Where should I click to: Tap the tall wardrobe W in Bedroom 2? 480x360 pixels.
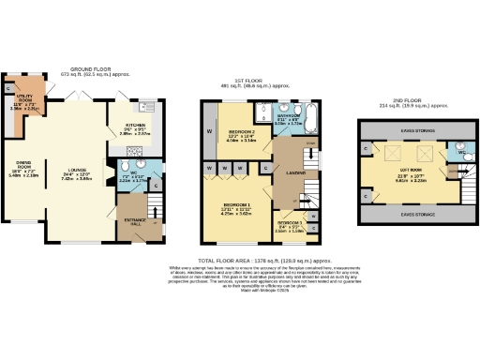coord(209,130)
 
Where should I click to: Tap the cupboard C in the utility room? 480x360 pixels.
coord(8,88)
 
